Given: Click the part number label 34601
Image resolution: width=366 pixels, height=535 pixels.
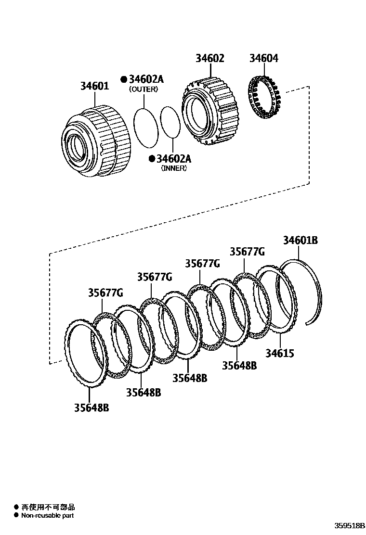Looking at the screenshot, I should [x=94, y=87].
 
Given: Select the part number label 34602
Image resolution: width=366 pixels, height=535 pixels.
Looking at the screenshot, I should [x=209, y=58].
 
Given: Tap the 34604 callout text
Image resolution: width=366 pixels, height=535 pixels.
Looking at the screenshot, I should [x=263, y=58].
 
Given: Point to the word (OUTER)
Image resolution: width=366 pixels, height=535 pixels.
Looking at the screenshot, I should [x=143, y=89].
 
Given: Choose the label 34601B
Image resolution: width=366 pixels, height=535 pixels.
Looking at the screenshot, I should [x=300, y=241].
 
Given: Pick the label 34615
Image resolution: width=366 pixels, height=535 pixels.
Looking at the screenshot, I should [x=279, y=354].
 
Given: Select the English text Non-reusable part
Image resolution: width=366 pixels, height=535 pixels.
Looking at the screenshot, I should [x=47, y=515].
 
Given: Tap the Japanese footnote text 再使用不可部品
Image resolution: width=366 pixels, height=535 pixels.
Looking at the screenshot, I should [x=48, y=507].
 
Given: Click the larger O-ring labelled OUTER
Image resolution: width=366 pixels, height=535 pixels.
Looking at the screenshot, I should [x=145, y=127].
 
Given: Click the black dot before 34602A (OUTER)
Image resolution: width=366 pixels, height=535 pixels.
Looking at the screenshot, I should [x=124, y=79].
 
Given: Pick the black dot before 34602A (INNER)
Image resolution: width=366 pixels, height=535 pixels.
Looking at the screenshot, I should [x=152, y=159].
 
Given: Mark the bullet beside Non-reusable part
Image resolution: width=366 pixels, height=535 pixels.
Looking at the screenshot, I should [x=16, y=515].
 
